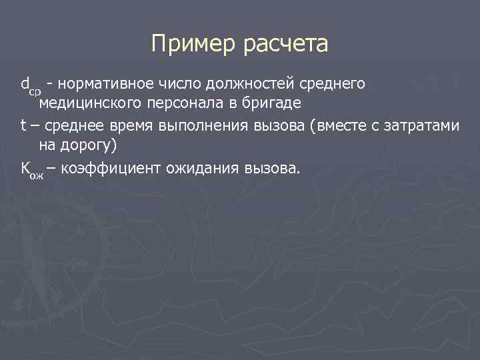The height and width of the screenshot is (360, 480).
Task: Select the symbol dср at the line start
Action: [x=31, y=85]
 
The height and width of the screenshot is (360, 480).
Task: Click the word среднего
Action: [x=335, y=83]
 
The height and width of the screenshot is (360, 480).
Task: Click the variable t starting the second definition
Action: [x=23, y=125]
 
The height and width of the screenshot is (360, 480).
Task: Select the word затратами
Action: [x=424, y=125]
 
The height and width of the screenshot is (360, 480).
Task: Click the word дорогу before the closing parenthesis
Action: [x=89, y=145]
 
